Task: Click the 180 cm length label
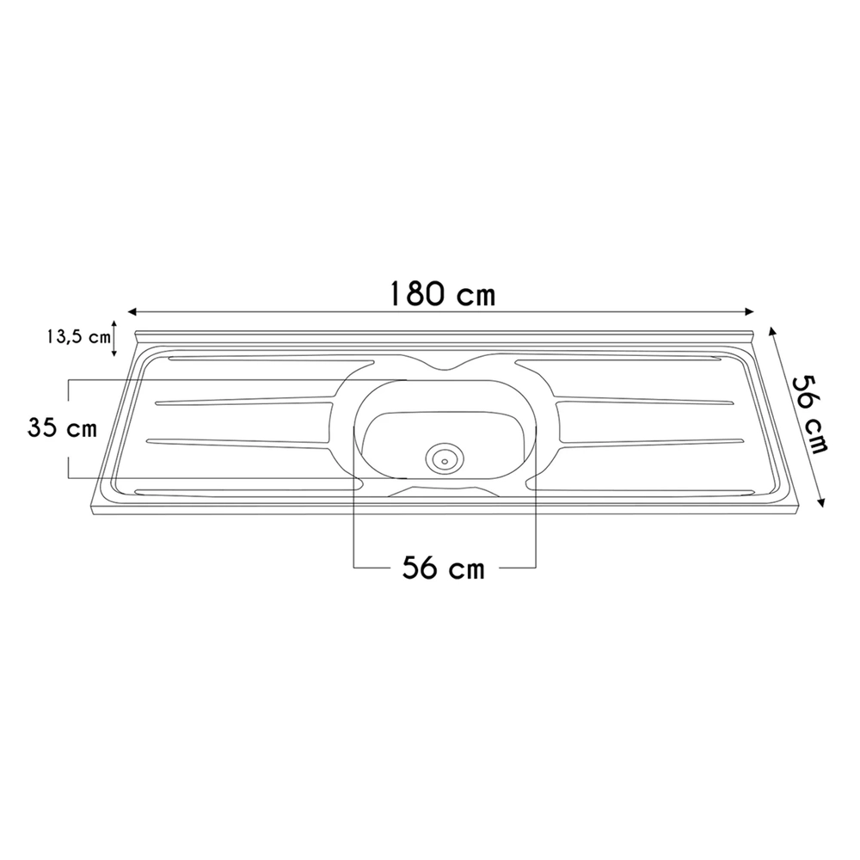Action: pyautogui.click(x=441, y=293)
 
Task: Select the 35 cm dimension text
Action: pyautogui.click(x=61, y=427)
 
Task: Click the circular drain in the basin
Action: pyautogui.click(x=445, y=458)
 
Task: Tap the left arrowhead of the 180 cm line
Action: pyautogui.click(x=132, y=312)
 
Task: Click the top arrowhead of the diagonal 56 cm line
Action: pyautogui.click(x=771, y=330)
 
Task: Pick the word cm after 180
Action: pyautogui.click(x=476, y=297)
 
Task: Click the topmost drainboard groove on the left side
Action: pyautogui.click(x=271, y=359)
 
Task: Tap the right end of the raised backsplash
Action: pyautogui.click(x=752, y=336)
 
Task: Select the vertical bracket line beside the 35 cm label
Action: pyautogui.click(x=68, y=429)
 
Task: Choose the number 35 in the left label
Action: pyautogui.click(x=43, y=427)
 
